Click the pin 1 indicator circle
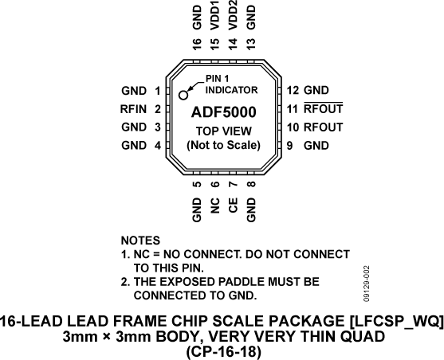tap(183, 95)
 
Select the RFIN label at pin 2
tap(132, 109)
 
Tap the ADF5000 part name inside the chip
tap(223, 113)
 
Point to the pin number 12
tap(293, 91)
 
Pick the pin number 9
tap(293, 146)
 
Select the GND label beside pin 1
tap(134, 91)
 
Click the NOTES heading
tap(139, 240)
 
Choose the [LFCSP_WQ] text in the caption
tap(391, 321)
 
